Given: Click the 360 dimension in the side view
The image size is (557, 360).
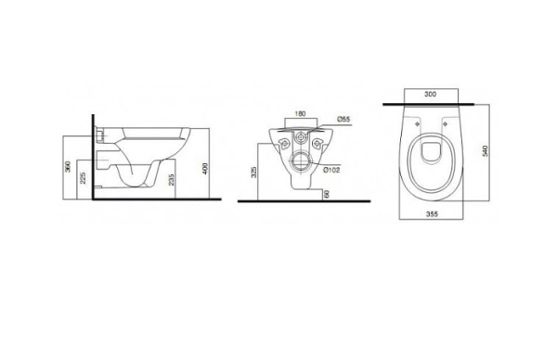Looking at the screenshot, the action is [68, 166].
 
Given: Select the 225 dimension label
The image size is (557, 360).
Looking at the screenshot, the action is [83, 178].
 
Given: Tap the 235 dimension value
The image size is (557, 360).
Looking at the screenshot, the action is [172, 180].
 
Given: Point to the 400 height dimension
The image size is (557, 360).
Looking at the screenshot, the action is [205, 169].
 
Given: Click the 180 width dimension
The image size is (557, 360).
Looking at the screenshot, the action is [300, 114].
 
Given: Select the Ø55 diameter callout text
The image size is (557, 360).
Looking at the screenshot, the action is [343, 119].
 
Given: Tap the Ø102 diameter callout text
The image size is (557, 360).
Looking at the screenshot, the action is [331, 170].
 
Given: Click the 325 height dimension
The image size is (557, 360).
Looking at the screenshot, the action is [254, 172].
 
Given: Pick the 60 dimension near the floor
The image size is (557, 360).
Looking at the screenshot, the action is [327, 194].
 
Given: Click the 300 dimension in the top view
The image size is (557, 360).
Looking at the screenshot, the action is [431, 94].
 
